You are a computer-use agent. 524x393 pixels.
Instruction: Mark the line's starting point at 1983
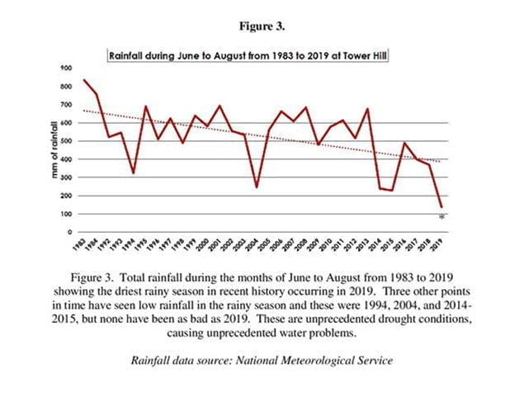tap(85, 80)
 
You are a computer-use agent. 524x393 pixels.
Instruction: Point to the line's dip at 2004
tap(257, 187)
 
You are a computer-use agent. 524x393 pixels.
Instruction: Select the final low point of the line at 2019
tap(442, 206)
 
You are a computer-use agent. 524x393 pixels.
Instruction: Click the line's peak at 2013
tap(367, 109)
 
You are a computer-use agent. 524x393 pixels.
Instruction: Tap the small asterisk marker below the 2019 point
tap(442, 215)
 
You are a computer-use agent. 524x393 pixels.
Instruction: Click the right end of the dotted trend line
tap(440, 162)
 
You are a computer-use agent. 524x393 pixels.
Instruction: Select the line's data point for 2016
tap(404, 143)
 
